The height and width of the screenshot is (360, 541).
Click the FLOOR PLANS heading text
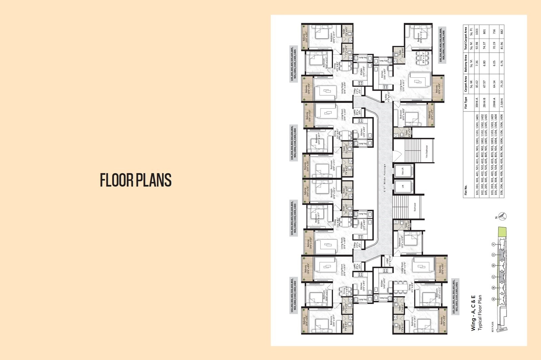pyautogui.click(x=136, y=180)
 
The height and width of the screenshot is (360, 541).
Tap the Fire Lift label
pyautogui.click(x=403, y=171)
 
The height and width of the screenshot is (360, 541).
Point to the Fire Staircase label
pyautogui.click(x=427, y=151)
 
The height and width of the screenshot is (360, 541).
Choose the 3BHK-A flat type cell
pyautogui.click(x=477, y=102)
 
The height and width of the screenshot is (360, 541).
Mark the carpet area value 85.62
pyautogui.click(x=477, y=84)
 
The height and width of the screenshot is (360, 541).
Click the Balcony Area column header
pyautogui.click(x=466, y=63)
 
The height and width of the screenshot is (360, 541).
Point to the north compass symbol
pyautogui.click(x=503, y=216)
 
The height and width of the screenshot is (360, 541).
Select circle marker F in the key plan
pyautogui.click(x=494, y=244)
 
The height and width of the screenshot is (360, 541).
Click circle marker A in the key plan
pyautogui.click(x=494, y=299)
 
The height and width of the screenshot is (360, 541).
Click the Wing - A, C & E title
pyautogui.click(x=473, y=313)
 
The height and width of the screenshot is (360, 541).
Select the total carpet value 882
pyautogui.click(x=502, y=31)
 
